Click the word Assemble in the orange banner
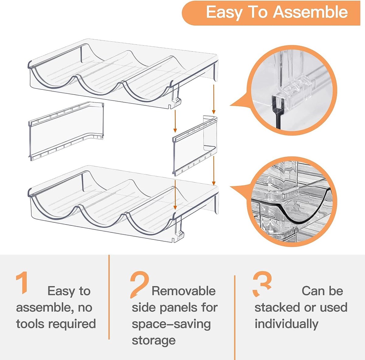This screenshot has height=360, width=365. point(310,12)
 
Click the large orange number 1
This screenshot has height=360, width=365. point(22,283)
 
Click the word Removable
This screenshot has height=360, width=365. point(183,291)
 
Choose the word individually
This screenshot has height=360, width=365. point(286,324)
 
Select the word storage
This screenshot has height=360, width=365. point(154,340)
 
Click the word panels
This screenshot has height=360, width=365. point(179,307)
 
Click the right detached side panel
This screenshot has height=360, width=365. point(193,145)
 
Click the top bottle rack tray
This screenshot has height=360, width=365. point(122,73)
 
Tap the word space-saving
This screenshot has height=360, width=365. point(171,324)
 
